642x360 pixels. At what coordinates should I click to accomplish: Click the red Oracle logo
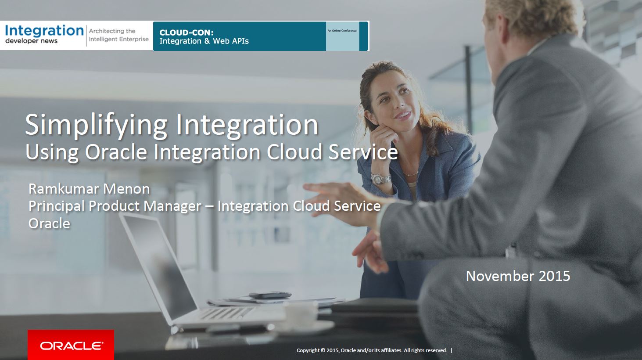[71, 345]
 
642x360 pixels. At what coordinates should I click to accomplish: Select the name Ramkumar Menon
[89, 189]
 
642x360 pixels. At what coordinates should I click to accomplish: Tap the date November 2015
[518, 276]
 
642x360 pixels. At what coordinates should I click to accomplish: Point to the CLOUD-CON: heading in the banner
[187, 32]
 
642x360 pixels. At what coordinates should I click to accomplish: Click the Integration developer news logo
[44, 34]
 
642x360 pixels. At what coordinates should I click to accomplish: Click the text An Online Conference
[342, 30]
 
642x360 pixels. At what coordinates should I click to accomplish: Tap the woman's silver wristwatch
[381, 179]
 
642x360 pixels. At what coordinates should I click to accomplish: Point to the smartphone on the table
[270, 295]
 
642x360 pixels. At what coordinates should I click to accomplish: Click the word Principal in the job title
[57, 206]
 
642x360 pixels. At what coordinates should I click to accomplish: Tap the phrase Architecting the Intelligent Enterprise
[118, 35]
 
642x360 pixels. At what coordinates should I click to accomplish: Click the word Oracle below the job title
[49, 223]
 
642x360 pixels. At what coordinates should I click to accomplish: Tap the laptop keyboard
[226, 313]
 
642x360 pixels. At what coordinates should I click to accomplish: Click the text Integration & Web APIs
[204, 41]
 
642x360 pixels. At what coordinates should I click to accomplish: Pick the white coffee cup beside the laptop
[301, 315]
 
